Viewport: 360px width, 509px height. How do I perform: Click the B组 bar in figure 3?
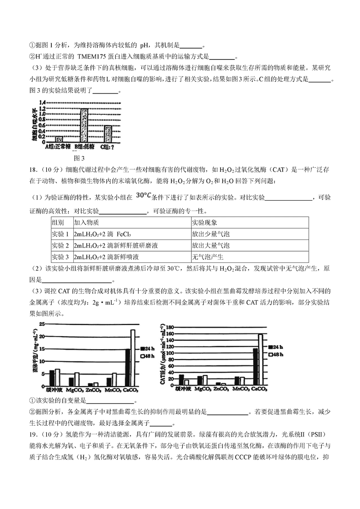(85, 125)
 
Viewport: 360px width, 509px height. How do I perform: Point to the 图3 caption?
(79, 158)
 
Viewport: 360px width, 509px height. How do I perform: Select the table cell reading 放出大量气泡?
(211, 245)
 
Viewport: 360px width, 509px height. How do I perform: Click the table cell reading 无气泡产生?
(207, 257)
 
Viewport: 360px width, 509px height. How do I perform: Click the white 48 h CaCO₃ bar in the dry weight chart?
(133, 358)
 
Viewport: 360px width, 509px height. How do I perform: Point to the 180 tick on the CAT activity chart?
(170, 327)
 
